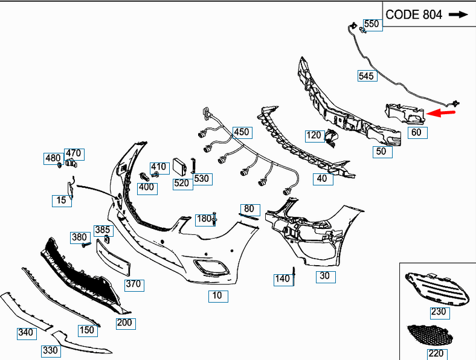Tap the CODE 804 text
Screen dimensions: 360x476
[x=414, y=14]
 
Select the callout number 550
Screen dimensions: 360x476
[x=371, y=24]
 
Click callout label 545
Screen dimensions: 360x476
[x=367, y=76]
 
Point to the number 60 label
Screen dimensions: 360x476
[x=417, y=132]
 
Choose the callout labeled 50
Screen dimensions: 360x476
[x=381, y=151]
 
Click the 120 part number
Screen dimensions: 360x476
[x=314, y=135]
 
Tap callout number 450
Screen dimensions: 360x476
[x=241, y=132]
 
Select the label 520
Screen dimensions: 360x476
[x=182, y=182]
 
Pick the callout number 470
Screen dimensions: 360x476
[x=73, y=153]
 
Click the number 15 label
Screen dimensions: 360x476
[x=61, y=200]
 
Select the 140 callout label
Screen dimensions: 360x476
[x=282, y=278]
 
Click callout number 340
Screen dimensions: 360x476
[x=25, y=332]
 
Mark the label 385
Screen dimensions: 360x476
[x=102, y=230]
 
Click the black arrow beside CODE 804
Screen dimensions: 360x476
[x=458, y=14]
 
